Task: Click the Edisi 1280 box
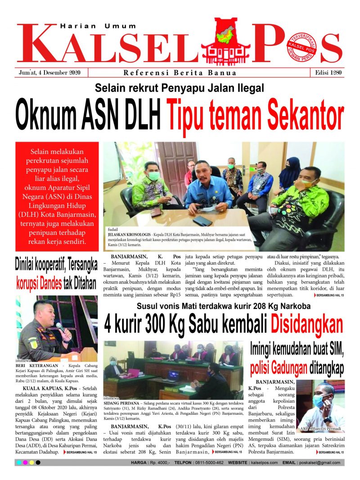coord(327,73)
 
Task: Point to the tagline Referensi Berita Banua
coord(180,73)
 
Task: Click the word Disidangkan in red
coord(306,324)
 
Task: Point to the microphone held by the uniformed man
coord(60,327)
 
